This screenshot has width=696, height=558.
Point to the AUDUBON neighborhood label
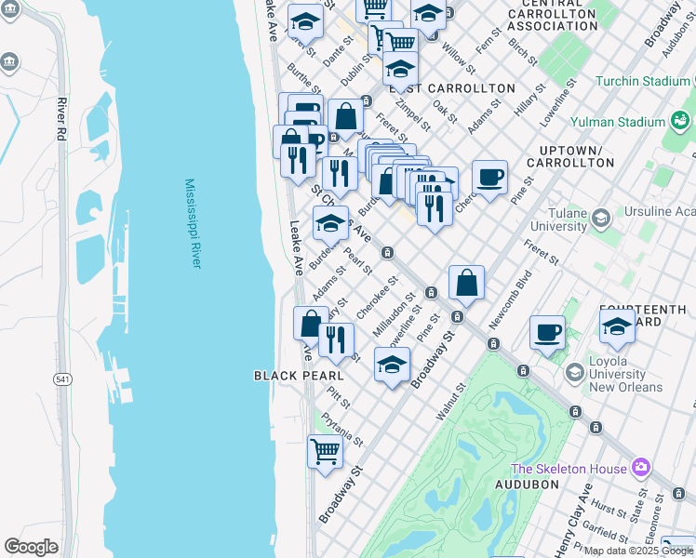(x=526, y=485)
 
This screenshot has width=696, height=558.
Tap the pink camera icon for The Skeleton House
(x=640, y=466)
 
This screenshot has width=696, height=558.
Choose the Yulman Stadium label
(x=617, y=122)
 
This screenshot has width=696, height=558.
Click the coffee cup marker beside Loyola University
(x=548, y=332)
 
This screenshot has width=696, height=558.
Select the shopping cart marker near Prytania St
(x=325, y=452)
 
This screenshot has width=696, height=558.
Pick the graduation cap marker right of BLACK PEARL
(x=393, y=364)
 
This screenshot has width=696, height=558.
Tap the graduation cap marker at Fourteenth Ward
(x=617, y=325)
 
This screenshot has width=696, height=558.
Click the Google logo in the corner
(x=32, y=547)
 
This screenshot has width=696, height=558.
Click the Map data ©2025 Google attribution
(x=638, y=551)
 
